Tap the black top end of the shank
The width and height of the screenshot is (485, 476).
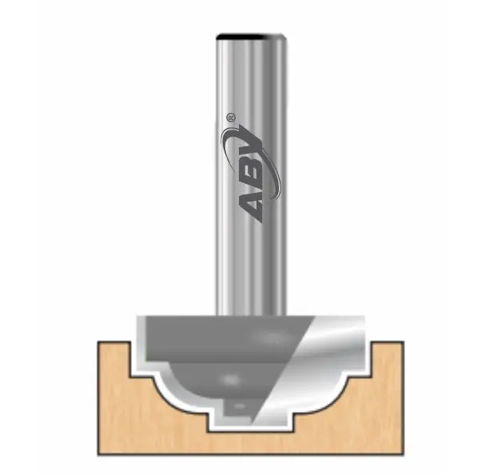251,36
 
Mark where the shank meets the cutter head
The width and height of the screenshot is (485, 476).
251,312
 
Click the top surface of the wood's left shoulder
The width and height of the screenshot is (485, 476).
112,344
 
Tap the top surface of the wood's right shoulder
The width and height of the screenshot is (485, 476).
388,344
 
